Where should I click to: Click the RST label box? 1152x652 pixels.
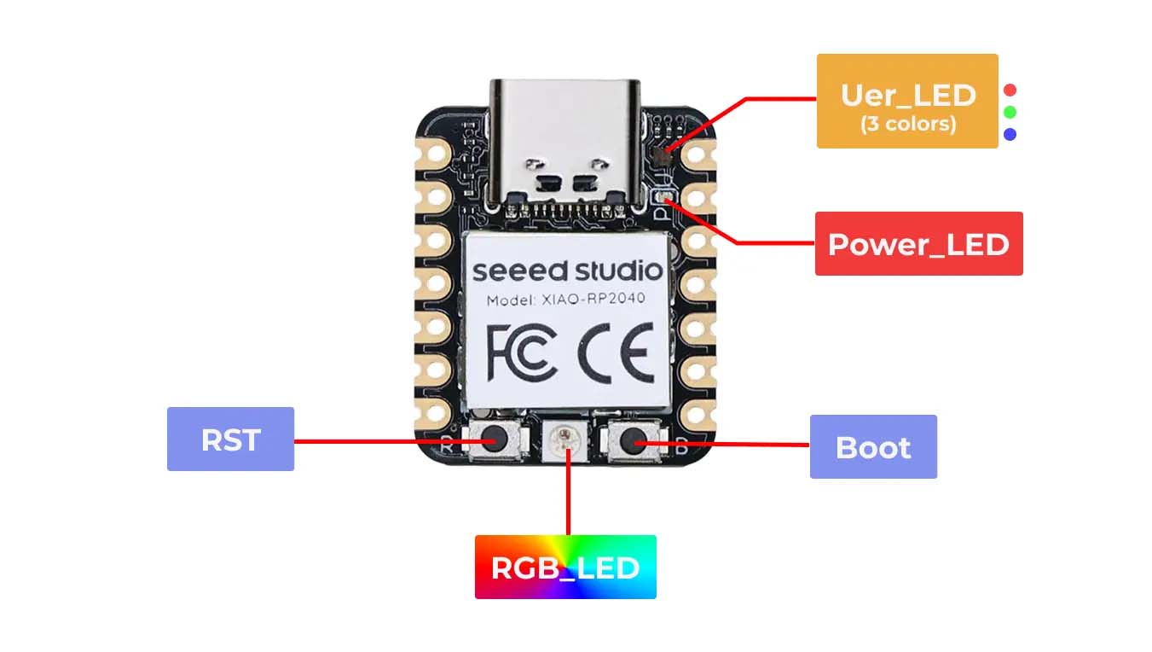coord(230,439)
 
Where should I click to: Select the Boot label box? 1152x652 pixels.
coord(873,446)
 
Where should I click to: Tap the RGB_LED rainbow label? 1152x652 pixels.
coord(565,567)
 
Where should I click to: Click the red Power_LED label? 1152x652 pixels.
coord(918,244)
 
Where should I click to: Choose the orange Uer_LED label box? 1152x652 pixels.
coord(907,101)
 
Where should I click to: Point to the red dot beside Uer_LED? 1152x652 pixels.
coord(1010,90)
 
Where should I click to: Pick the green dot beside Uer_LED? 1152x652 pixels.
coord(1010,112)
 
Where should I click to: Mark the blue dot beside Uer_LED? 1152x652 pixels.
coord(1010,134)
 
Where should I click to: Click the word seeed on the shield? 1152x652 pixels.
coord(519,271)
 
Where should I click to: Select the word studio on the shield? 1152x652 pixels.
coord(617,271)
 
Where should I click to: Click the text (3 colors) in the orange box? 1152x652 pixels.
coord(907,124)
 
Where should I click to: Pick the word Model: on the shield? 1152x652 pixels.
coord(511,300)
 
